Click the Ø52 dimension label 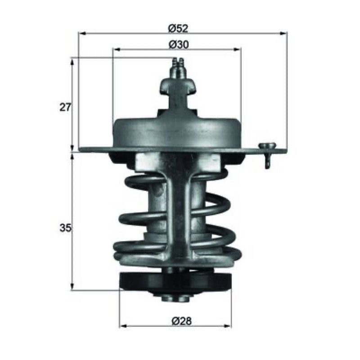(178, 28)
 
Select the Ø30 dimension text (179, 44)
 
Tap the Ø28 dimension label (182, 321)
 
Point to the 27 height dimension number (65, 107)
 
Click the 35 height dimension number (65, 228)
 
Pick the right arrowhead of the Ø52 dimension (283, 33)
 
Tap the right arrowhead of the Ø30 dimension (238, 49)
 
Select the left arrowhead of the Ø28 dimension (123, 326)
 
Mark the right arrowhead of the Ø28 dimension (228, 326)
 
